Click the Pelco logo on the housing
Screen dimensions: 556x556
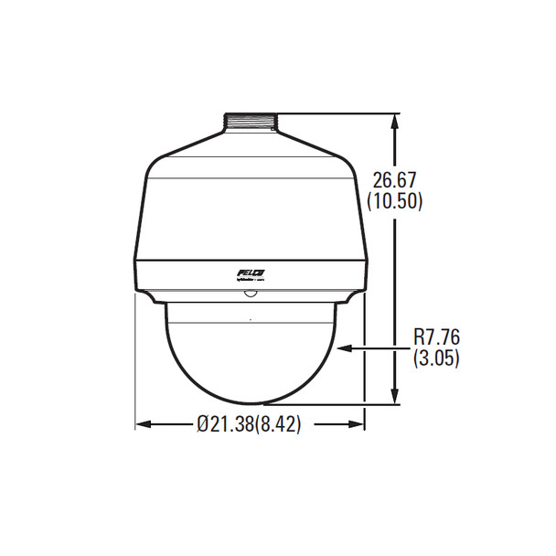pyautogui.click(x=250, y=273)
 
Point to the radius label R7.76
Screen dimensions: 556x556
pyautogui.click(x=436, y=339)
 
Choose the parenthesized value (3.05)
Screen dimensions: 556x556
pyautogui.click(x=436, y=358)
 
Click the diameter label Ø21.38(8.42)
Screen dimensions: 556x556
pyautogui.click(x=249, y=423)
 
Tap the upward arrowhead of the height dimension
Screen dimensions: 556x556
pyautogui.click(x=395, y=122)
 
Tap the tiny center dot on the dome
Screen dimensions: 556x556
pyautogui.click(x=250, y=319)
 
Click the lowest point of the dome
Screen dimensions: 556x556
pyautogui.click(x=250, y=404)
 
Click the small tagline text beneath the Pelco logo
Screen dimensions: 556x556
pyautogui.click(x=249, y=283)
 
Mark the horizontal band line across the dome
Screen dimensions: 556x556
pyautogui.click(x=250, y=326)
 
